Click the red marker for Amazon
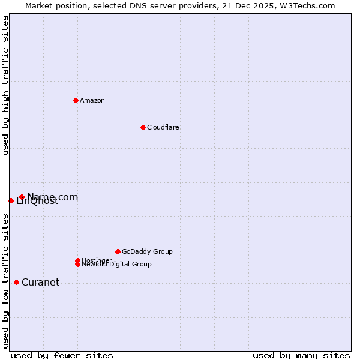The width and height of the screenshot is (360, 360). click(x=76, y=100)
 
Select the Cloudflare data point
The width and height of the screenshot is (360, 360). click(x=143, y=127)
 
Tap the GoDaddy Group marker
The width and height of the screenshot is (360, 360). click(x=118, y=251)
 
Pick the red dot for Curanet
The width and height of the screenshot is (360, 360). click(x=16, y=282)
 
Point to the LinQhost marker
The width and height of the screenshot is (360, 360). click(x=11, y=200)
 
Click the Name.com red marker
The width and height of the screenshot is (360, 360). click(x=22, y=197)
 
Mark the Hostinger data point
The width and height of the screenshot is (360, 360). click(x=77, y=260)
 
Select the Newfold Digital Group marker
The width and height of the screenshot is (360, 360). click(x=77, y=264)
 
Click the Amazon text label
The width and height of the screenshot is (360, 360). click(x=92, y=100)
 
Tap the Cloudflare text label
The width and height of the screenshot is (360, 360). click(x=163, y=127)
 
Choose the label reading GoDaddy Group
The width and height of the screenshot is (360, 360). click(x=147, y=251)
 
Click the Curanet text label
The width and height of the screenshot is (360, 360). click(x=40, y=283)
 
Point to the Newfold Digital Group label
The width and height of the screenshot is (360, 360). click(x=116, y=264)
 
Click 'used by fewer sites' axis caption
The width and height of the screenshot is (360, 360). click(x=62, y=355)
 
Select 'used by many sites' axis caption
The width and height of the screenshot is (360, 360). click(x=301, y=355)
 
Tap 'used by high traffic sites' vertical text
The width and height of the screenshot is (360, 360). click(x=5, y=85)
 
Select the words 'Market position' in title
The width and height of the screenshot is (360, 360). click(x=52, y=5)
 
